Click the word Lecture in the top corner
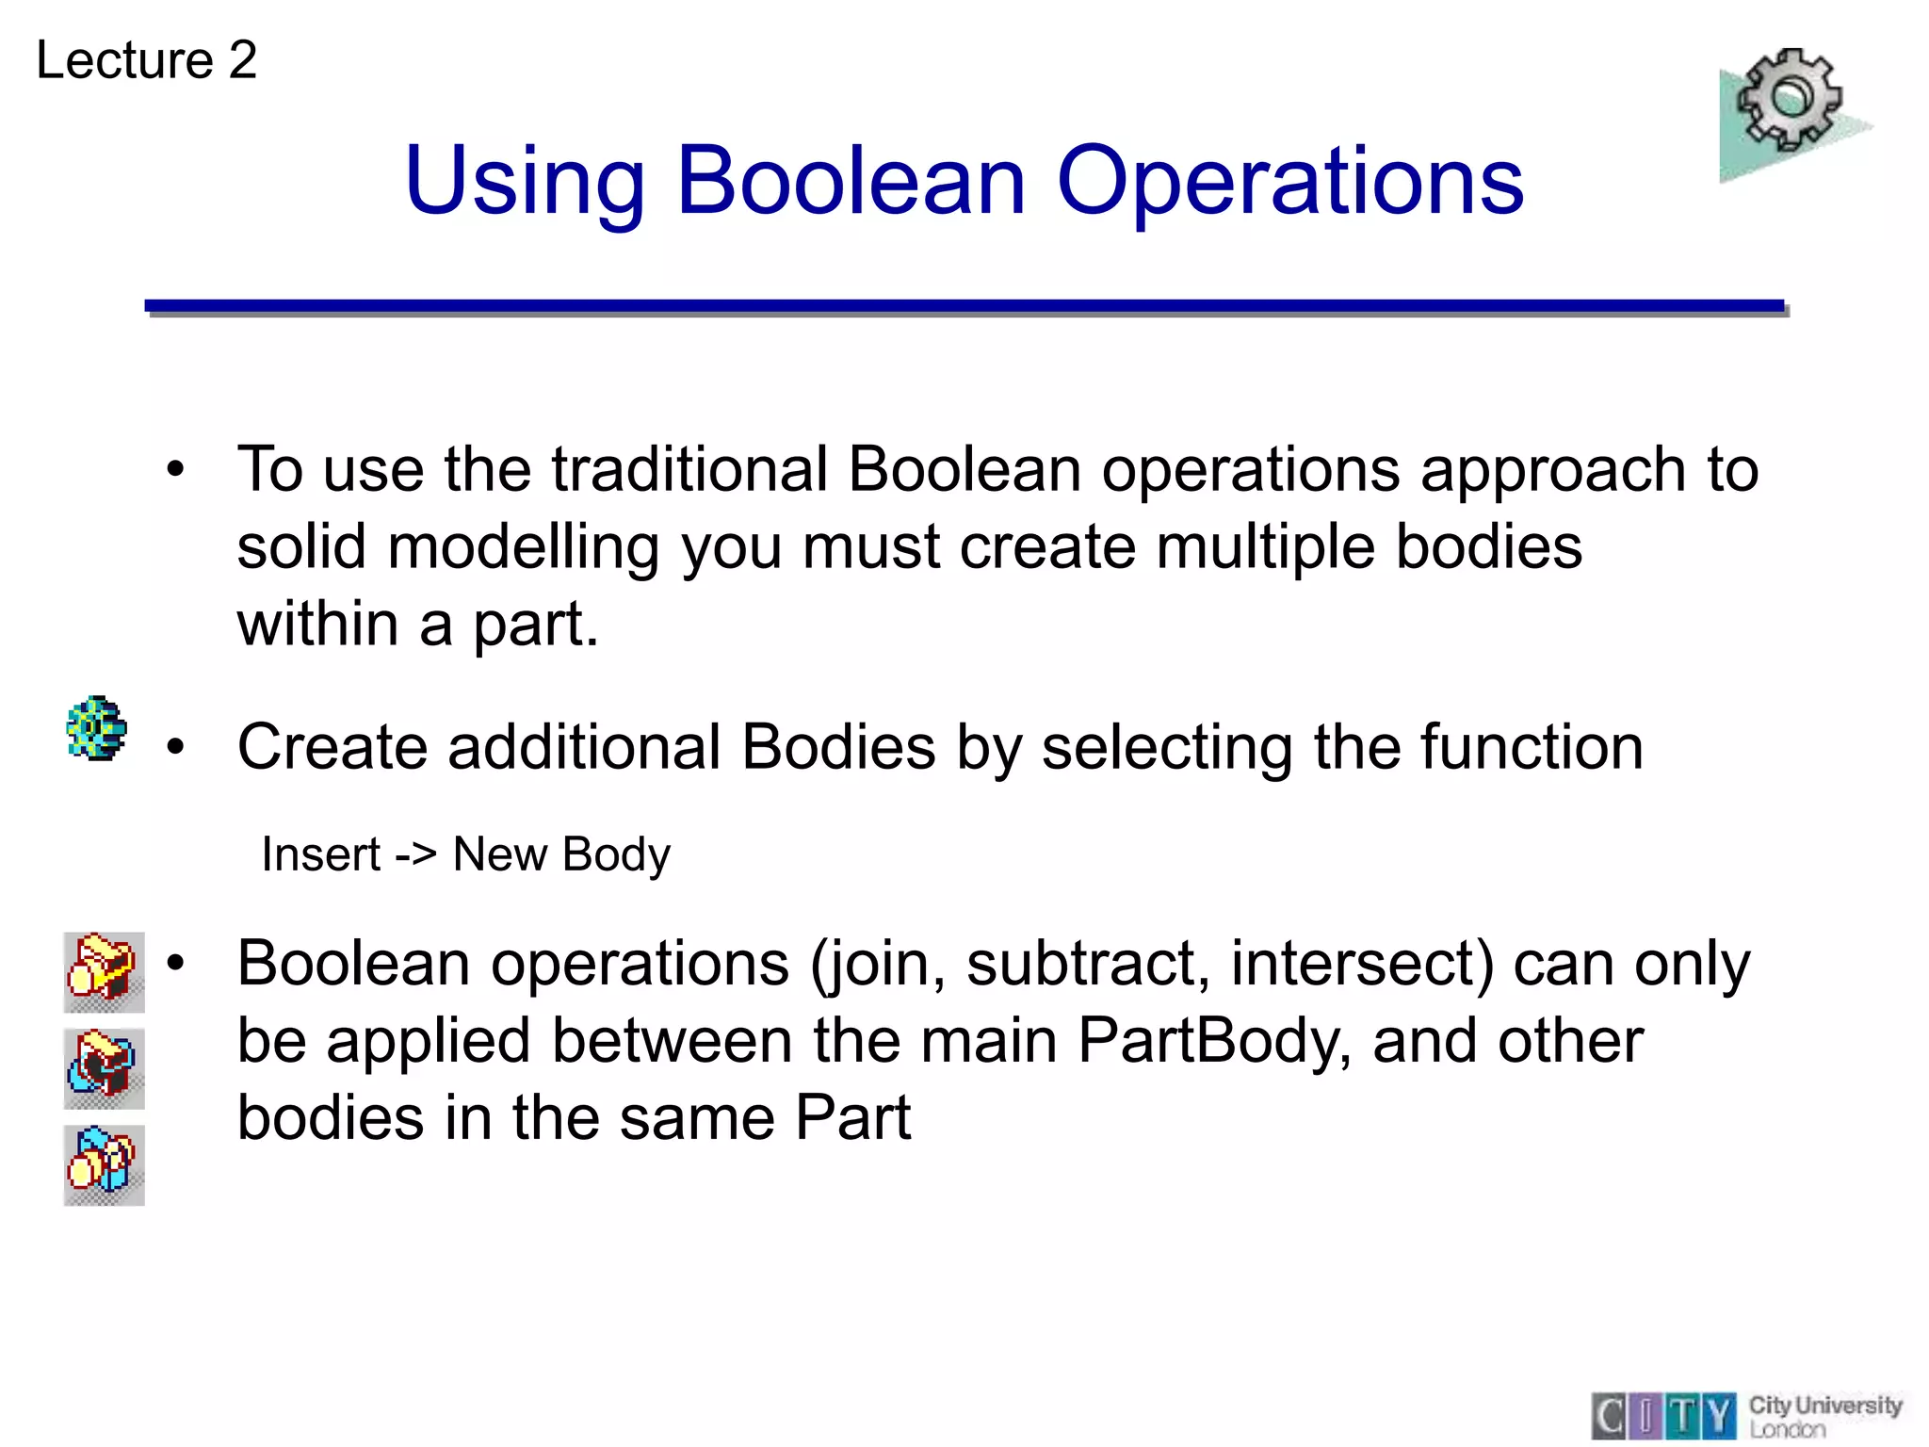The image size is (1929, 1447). coord(125,60)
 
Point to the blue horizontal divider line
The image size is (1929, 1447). coord(964,306)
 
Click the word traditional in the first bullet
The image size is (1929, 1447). coord(689,469)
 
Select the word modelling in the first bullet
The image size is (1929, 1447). coord(523,546)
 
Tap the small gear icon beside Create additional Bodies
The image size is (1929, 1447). coord(97,728)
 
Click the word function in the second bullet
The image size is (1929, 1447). coord(1531,747)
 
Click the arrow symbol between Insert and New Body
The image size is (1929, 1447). coord(415,854)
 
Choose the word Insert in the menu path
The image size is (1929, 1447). coord(320,854)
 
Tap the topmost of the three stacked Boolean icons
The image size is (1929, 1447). coord(104,971)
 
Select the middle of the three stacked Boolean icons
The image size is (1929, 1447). coord(104,1068)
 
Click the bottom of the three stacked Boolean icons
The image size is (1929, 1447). coord(104,1164)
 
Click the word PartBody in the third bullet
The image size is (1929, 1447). coord(1213,1041)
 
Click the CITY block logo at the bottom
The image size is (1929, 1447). coord(1663,1416)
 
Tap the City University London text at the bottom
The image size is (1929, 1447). coord(1824,1416)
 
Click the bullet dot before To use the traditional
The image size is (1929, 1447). coord(175,469)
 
